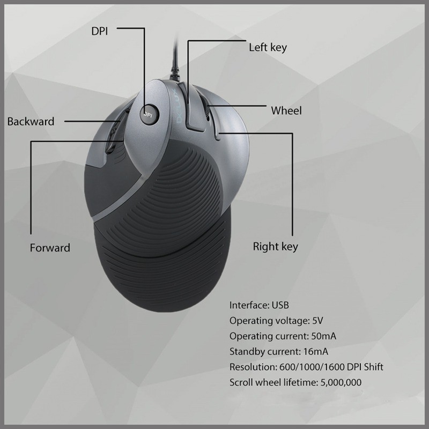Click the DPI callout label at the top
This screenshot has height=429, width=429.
click(x=99, y=31)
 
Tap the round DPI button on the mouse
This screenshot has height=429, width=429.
click(x=149, y=114)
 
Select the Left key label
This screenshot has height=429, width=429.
click(x=268, y=47)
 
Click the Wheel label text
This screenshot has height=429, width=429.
click(x=286, y=111)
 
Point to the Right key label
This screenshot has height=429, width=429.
click(x=275, y=247)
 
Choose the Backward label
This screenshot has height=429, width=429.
click(x=31, y=121)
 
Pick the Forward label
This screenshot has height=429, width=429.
click(x=50, y=248)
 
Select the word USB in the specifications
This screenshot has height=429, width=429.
click(x=280, y=305)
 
